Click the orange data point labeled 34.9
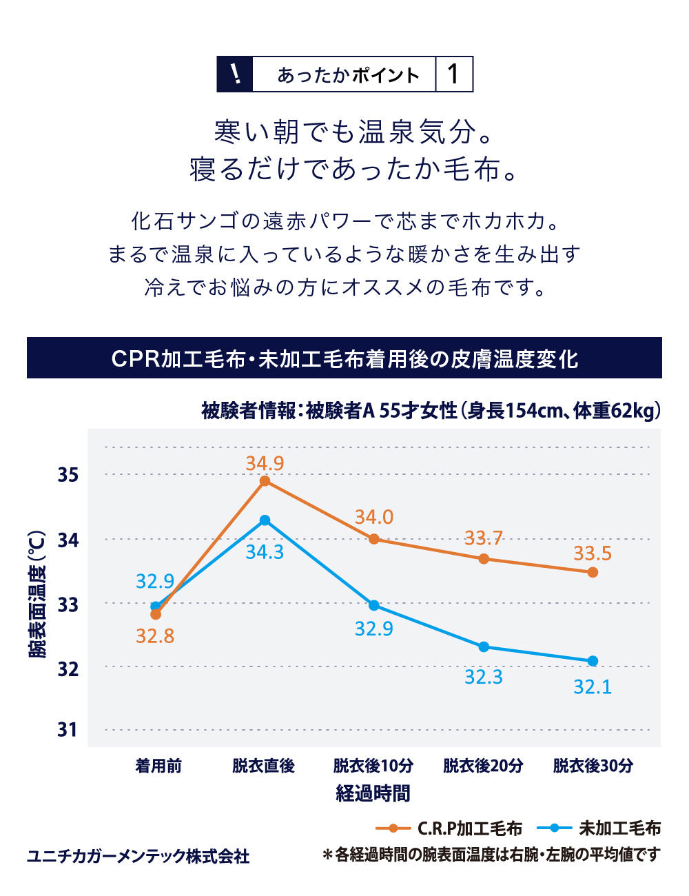pyautogui.click(x=265, y=481)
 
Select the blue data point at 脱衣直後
pyautogui.click(x=265, y=520)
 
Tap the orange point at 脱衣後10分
pyautogui.click(x=374, y=539)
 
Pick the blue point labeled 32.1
pyautogui.click(x=593, y=661)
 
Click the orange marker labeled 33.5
pyautogui.click(x=593, y=572)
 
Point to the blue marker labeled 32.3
pyautogui.click(x=484, y=646)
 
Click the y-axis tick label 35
pyautogui.click(x=68, y=475)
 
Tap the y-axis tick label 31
pyautogui.click(x=68, y=729)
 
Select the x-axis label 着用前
pyautogui.click(x=158, y=766)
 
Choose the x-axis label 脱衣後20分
pyautogui.click(x=483, y=766)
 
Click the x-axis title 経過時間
pyautogui.click(x=373, y=793)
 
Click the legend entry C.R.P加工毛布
pyautogui.click(x=469, y=828)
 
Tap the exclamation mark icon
pyautogui.click(x=235, y=74)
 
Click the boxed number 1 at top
pyautogui.click(x=453, y=74)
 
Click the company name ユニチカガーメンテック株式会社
pyautogui.click(x=138, y=856)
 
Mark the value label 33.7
pyautogui.click(x=483, y=538)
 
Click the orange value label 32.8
pyautogui.click(x=155, y=635)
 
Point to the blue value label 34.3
pyautogui.click(x=265, y=552)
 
